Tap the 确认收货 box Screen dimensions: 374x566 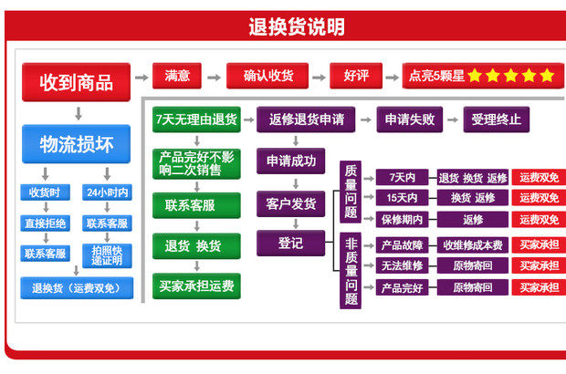coord(268,76)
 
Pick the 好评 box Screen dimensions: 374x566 coord(356,76)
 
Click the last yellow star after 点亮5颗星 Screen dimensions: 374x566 coord(547,76)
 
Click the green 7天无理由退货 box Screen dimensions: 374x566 coord(196,119)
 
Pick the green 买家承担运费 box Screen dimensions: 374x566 coord(196,286)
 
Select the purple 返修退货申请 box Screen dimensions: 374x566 coord(307,119)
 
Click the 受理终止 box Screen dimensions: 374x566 coord(497,119)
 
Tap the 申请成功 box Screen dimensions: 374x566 coord(291,161)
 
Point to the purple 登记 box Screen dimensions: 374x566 coord(291,243)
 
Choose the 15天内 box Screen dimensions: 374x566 coord(403,198)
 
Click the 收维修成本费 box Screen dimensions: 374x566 coord(473,244)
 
